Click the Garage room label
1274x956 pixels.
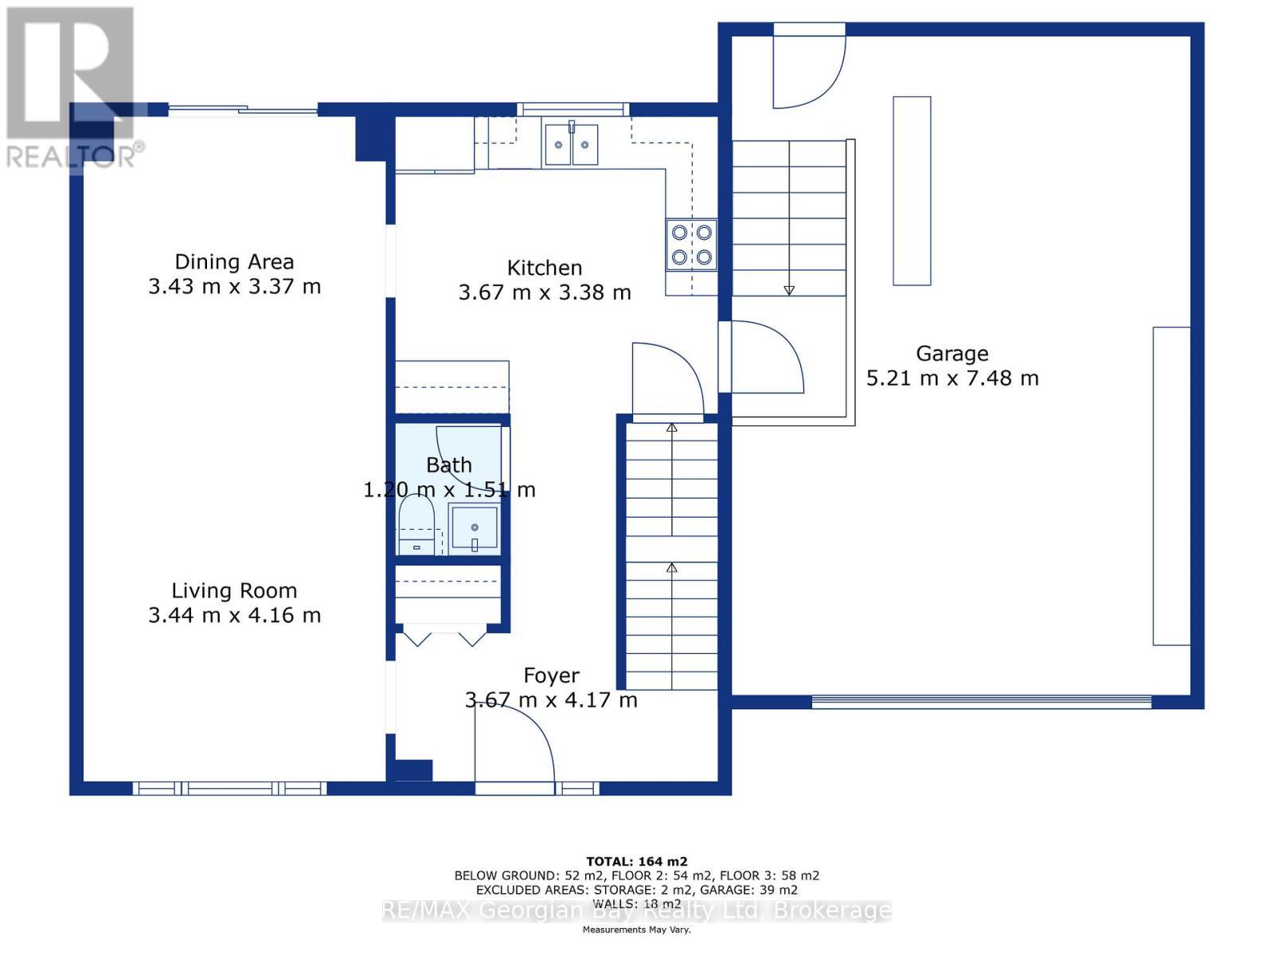pos(952,353)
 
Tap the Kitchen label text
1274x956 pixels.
pos(544,268)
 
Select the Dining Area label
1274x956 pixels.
pos(234,262)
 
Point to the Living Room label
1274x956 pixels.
pos(234,590)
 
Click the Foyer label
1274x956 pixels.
pos(551,675)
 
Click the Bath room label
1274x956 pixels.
pos(448,465)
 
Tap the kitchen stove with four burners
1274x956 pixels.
pos(691,245)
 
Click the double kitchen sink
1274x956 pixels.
pos(572,144)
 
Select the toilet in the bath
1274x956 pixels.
pos(416,524)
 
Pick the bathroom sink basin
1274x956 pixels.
pos(475,527)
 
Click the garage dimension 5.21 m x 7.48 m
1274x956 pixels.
pos(952,378)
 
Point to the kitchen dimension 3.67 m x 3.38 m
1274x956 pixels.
pos(545,292)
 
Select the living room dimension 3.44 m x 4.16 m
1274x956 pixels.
pos(234,615)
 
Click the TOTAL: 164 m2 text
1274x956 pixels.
pos(637,861)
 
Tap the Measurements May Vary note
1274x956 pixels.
pos(637,929)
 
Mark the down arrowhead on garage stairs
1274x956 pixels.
pos(789,290)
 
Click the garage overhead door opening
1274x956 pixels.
pos(981,702)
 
